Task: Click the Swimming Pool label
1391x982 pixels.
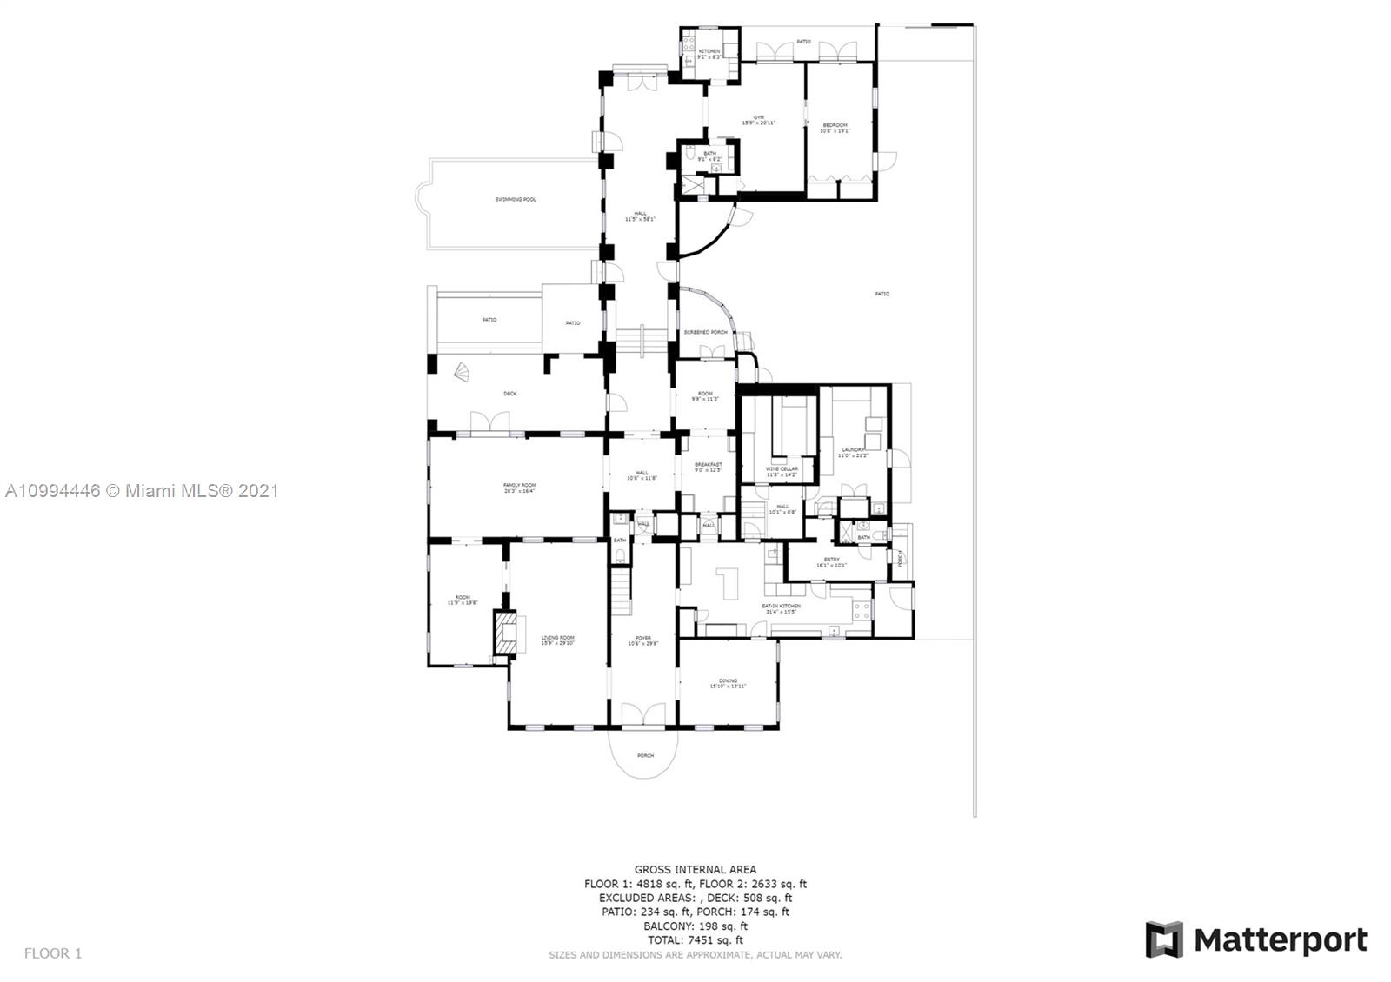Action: click(516, 200)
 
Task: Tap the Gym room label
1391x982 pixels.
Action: click(758, 120)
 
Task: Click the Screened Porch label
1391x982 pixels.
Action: click(705, 333)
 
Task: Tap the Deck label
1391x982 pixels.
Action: click(510, 394)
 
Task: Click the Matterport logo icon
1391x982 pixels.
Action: click(1164, 939)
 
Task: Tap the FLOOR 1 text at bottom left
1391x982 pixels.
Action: click(53, 953)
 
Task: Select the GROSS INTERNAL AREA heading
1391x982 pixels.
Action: click(695, 869)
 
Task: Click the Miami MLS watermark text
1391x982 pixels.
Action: click(142, 491)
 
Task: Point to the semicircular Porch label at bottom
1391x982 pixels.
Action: click(645, 755)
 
